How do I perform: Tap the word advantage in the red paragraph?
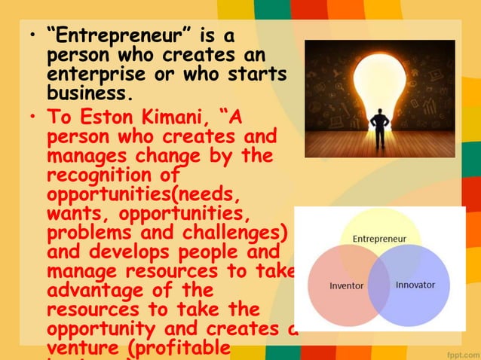(x=95, y=288)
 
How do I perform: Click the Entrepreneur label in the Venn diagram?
(x=380, y=239)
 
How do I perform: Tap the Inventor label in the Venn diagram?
(x=348, y=286)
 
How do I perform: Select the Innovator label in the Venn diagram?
(x=415, y=286)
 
